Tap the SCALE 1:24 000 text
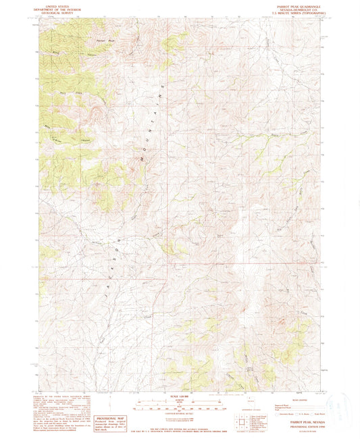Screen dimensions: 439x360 coord(180,396)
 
